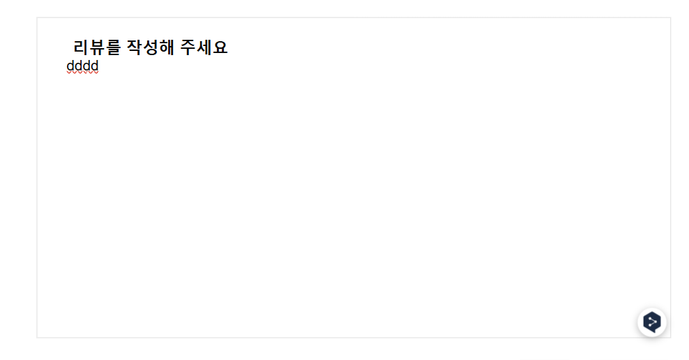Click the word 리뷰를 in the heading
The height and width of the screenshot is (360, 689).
click(97, 47)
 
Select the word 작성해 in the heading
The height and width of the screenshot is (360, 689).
click(150, 47)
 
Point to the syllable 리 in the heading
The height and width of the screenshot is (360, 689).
click(81, 47)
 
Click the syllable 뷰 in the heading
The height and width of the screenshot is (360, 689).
click(97, 47)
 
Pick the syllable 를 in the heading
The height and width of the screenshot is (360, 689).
click(113, 47)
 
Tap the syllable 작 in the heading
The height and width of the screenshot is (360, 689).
click(134, 47)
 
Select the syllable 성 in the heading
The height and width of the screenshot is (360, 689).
click(150, 47)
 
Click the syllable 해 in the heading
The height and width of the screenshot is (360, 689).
click(166, 47)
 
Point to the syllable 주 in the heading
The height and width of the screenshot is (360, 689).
click(187, 47)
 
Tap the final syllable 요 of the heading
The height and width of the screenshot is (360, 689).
click(220, 47)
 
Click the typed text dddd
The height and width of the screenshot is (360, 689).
click(82, 66)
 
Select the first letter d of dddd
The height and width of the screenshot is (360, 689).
click(70, 66)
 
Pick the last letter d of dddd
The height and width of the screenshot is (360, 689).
click(95, 66)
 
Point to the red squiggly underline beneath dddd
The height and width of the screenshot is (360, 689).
click(82, 73)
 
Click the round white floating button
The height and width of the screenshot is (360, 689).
click(651, 322)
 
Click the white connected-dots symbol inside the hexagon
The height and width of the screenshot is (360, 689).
click(652, 322)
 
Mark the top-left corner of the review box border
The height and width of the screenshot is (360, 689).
click(37, 17)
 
